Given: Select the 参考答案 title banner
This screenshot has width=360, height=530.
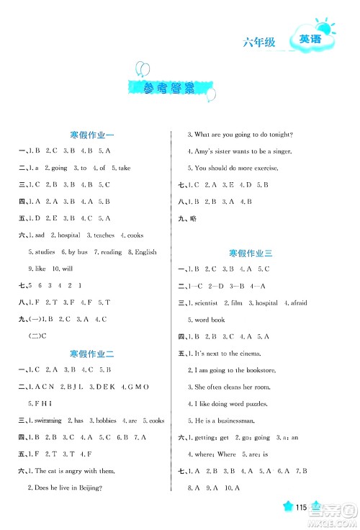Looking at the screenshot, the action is pos(169,90).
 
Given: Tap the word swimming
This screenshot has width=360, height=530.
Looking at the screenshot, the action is pos(47,421).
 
